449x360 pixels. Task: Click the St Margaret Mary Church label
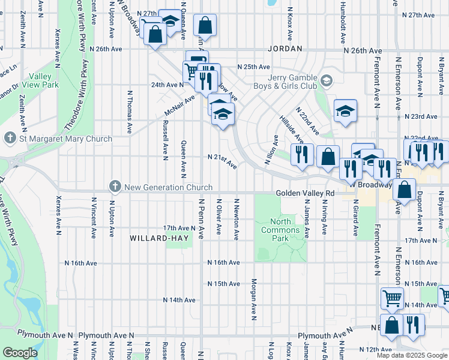65,139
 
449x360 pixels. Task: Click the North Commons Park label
280,230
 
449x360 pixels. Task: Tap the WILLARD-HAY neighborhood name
159,238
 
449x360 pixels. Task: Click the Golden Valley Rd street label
305,194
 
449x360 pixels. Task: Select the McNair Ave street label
180,107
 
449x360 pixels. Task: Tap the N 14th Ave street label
179,300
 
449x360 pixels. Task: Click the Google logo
20,353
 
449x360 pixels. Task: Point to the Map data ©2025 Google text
411,355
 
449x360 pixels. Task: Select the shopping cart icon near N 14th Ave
392,297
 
